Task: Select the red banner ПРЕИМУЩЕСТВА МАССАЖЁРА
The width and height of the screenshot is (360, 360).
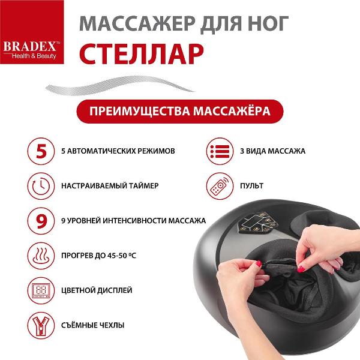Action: pyautogui.click(x=179, y=112)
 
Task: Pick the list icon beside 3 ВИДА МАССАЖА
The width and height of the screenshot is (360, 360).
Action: pyautogui.click(x=218, y=151)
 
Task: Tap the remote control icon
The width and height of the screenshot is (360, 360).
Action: pyautogui.click(x=218, y=185)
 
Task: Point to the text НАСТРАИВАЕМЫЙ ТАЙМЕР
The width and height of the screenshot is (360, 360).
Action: pyautogui.click(x=110, y=186)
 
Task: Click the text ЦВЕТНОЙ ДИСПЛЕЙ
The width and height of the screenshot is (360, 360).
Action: pyautogui.click(x=97, y=290)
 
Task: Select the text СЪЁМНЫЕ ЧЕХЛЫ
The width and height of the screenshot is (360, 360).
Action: pyautogui.click(x=93, y=325)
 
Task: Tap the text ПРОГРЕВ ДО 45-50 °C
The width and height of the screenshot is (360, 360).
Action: pyautogui.click(x=99, y=256)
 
